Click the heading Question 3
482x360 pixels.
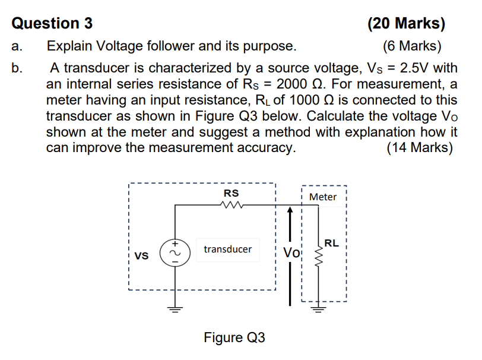[x=52, y=23]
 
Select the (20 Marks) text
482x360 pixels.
[x=406, y=23]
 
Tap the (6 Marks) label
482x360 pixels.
[x=412, y=46]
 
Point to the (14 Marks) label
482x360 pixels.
[x=419, y=147]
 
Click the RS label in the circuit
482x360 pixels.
[x=231, y=193]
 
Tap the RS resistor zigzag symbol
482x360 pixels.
[x=231, y=206]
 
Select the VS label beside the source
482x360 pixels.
[x=141, y=256]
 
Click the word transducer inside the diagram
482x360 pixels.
[x=227, y=249]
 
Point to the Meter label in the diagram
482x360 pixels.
[x=323, y=197]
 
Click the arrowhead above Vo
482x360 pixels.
[x=290, y=211]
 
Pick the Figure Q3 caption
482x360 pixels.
[x=234, y=337]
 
